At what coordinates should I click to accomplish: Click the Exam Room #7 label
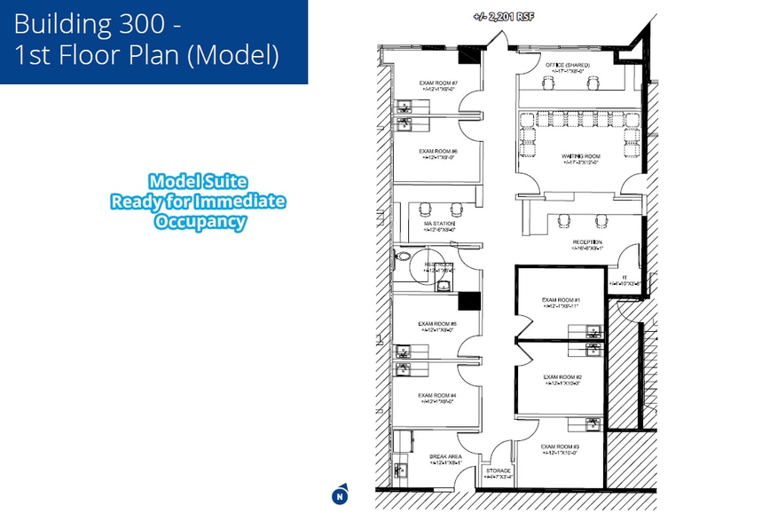click(437, 83)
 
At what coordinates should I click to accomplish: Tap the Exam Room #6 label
click(437, 152)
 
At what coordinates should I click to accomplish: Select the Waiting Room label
click(580, 156)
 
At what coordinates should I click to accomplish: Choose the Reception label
click(586, 241)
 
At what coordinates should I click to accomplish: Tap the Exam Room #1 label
click(561, 300)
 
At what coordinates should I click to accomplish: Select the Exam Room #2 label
click(562, 376)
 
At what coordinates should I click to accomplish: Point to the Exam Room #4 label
click(437, 395)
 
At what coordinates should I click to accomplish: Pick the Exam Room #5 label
click(437, 324)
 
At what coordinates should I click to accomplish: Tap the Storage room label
click(499, 471)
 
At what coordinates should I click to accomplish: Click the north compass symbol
click(339, 495)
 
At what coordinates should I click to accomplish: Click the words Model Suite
click(197, 181)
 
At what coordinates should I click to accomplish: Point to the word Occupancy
click(200, 222)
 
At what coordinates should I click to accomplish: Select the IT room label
click(625, 278)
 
